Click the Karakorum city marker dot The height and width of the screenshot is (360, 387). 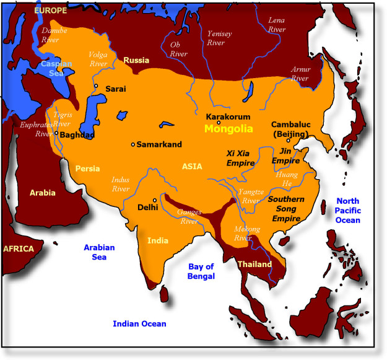pyautogui.click(x=219, y=122)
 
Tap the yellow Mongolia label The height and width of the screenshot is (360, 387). pyautogui.click(x=228, y=130)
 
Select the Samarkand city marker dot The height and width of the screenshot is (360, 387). pyautogui.click(x=133, y=144)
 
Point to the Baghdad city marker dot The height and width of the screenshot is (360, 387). pyautogui.click(x=56, y=133)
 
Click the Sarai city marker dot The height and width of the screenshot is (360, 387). pyautogui.click(x=96, y=86)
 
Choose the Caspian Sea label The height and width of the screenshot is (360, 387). pyautogui.click(x=56, y=68)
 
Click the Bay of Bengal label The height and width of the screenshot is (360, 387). pyautogui.click(x=201, y=271)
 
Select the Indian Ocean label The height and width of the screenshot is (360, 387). pyautogui.click(x=139, y=323)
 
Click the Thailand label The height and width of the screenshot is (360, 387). pyautogui.click(x=254, y=264)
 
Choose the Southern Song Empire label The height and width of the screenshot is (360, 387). pyautogui.click(x=285, y=209)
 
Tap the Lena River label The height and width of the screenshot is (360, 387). pyautogui.click(x=276, y=24)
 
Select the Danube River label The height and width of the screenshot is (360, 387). pyautogui.click(x=50, y=35)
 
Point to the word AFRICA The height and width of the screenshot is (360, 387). pyautogui.click(x=18, y=248)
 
